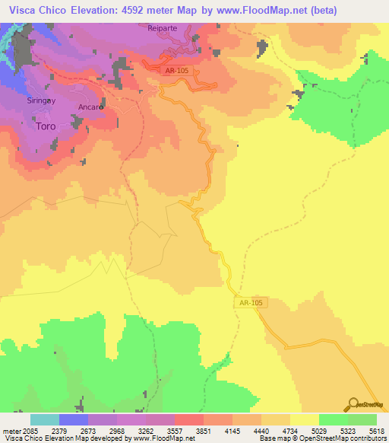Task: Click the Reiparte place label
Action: [162, 27]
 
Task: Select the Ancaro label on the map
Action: [91, 108]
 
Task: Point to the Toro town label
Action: [46, 127]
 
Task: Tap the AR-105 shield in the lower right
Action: [250, 303]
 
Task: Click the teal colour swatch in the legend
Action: [45, 419]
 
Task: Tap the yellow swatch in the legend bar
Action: [304, 419]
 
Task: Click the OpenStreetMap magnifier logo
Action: [353, 404]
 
